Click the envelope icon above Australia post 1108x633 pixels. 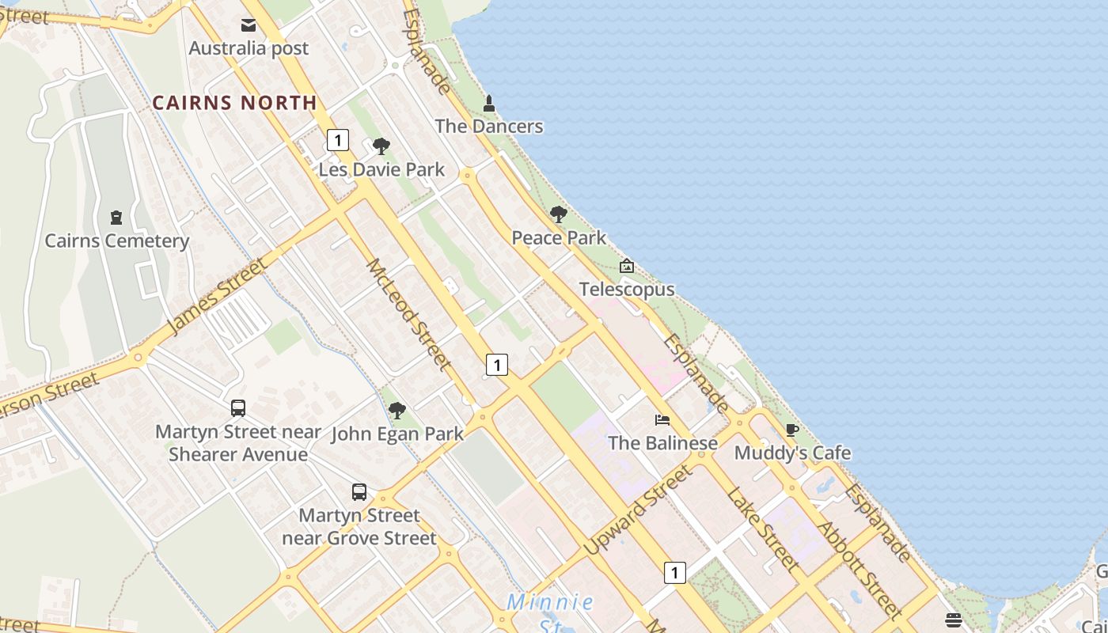pyautogui.click(x=249, y=25)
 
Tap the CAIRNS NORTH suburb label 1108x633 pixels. pyautogui.click(x=234, y=103)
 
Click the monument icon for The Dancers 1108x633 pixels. pyautogui.click(x=489, y=104)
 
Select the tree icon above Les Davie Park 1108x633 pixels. pyautogui.click(x=381, y=146)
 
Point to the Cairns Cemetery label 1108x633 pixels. pyautogui.click(x=117, y=241)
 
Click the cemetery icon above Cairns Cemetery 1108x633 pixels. pyautogui.click(x=116, y=218)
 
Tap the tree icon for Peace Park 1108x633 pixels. pyautogui.click(x=559, y=214)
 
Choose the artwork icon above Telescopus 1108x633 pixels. pyautogui.click(x=627, y=266)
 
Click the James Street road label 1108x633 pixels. pyautogui.click(x=217, y=295)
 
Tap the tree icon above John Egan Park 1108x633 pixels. pyautogui.click(x=397, y=411)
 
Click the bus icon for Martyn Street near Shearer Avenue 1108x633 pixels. pyautogui.click(x=238, y=408)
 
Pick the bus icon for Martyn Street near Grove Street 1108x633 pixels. pyautogui.click(x=359, y=492)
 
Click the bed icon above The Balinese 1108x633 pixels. pyautogui.click(x=662, y=419)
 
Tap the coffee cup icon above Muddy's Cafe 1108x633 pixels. pyautogui.click(x=792, y=430)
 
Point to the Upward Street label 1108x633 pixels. pyautogui.click(x=638, y=510)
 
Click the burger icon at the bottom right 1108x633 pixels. pyautogui.click(x=954, y=620)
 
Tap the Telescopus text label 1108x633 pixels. pyautogui.click(x=627, y=290)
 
